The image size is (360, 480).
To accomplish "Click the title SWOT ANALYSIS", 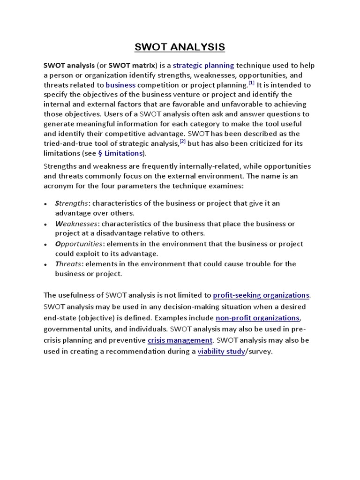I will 180,47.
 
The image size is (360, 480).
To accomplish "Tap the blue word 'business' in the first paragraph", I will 120,85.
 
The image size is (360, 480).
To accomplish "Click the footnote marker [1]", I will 251,83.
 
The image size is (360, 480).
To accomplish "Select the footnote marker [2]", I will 183,142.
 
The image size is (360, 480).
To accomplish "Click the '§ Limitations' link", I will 120,153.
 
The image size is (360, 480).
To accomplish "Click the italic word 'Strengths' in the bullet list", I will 71,203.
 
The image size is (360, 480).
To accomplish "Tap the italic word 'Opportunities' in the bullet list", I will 78,244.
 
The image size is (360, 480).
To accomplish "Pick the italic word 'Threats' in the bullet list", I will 68,264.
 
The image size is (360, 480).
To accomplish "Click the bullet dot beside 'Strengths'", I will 45,204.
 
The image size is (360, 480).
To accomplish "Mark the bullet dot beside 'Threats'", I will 45,264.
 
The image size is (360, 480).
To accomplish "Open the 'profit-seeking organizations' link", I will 261,295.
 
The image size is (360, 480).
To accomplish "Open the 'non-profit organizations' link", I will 257,318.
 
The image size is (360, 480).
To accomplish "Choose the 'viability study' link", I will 221,352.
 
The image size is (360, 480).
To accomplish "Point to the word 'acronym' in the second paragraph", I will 58,186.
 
